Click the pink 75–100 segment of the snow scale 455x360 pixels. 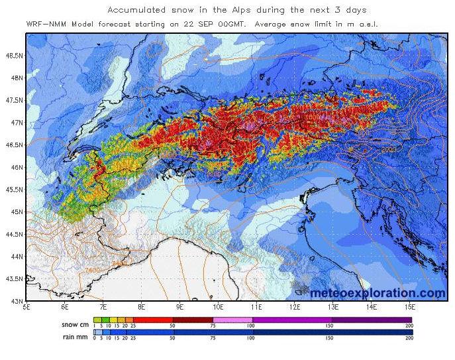[232, 320]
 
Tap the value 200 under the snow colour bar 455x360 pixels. [409, 326]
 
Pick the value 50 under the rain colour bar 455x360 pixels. [174, 338]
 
